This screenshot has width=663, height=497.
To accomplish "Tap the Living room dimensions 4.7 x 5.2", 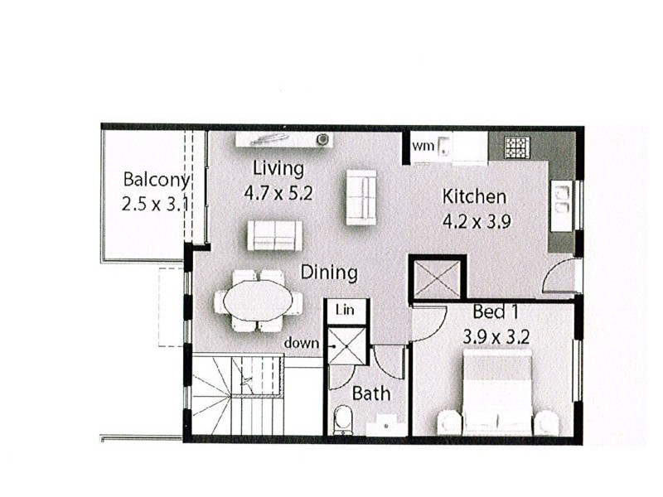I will tap(278, 193).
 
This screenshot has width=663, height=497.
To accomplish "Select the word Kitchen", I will tap(474, 197).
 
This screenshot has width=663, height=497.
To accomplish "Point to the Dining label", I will tap(329, 272).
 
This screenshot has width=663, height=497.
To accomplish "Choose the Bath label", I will tap(370, 393).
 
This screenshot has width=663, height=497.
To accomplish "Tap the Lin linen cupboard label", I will tap(344, 309).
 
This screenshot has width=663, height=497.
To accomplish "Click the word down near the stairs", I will tap(302, 342).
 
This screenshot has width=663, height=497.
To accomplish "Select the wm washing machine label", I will tap(423, 147).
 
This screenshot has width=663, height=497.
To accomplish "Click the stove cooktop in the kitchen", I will tap(518, 147).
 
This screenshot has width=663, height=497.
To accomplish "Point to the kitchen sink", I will tap(563, 199).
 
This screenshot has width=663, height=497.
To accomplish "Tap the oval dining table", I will tap(255, 301).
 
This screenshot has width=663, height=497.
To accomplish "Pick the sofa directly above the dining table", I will tap(273, 235).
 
